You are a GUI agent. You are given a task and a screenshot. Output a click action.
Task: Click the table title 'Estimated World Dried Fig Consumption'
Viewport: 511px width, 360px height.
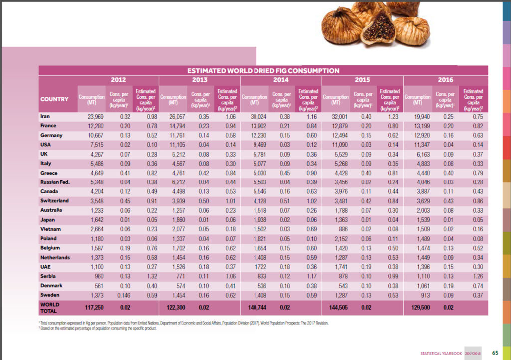pos(263,71)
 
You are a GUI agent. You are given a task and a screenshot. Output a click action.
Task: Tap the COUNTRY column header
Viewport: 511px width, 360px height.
pos(54,99)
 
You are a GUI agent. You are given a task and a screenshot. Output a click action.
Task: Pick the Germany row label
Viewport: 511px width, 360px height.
pos(51,135)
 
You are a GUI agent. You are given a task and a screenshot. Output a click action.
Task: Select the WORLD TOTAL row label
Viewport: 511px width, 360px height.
pos(50,307)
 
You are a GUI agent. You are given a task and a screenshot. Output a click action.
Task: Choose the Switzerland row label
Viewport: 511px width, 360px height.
pos(55,201)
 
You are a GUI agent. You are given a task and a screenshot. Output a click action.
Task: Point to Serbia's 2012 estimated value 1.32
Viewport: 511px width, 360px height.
pos(145,276)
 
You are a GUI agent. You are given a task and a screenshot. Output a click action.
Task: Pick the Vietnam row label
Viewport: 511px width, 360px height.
pos(51,229)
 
